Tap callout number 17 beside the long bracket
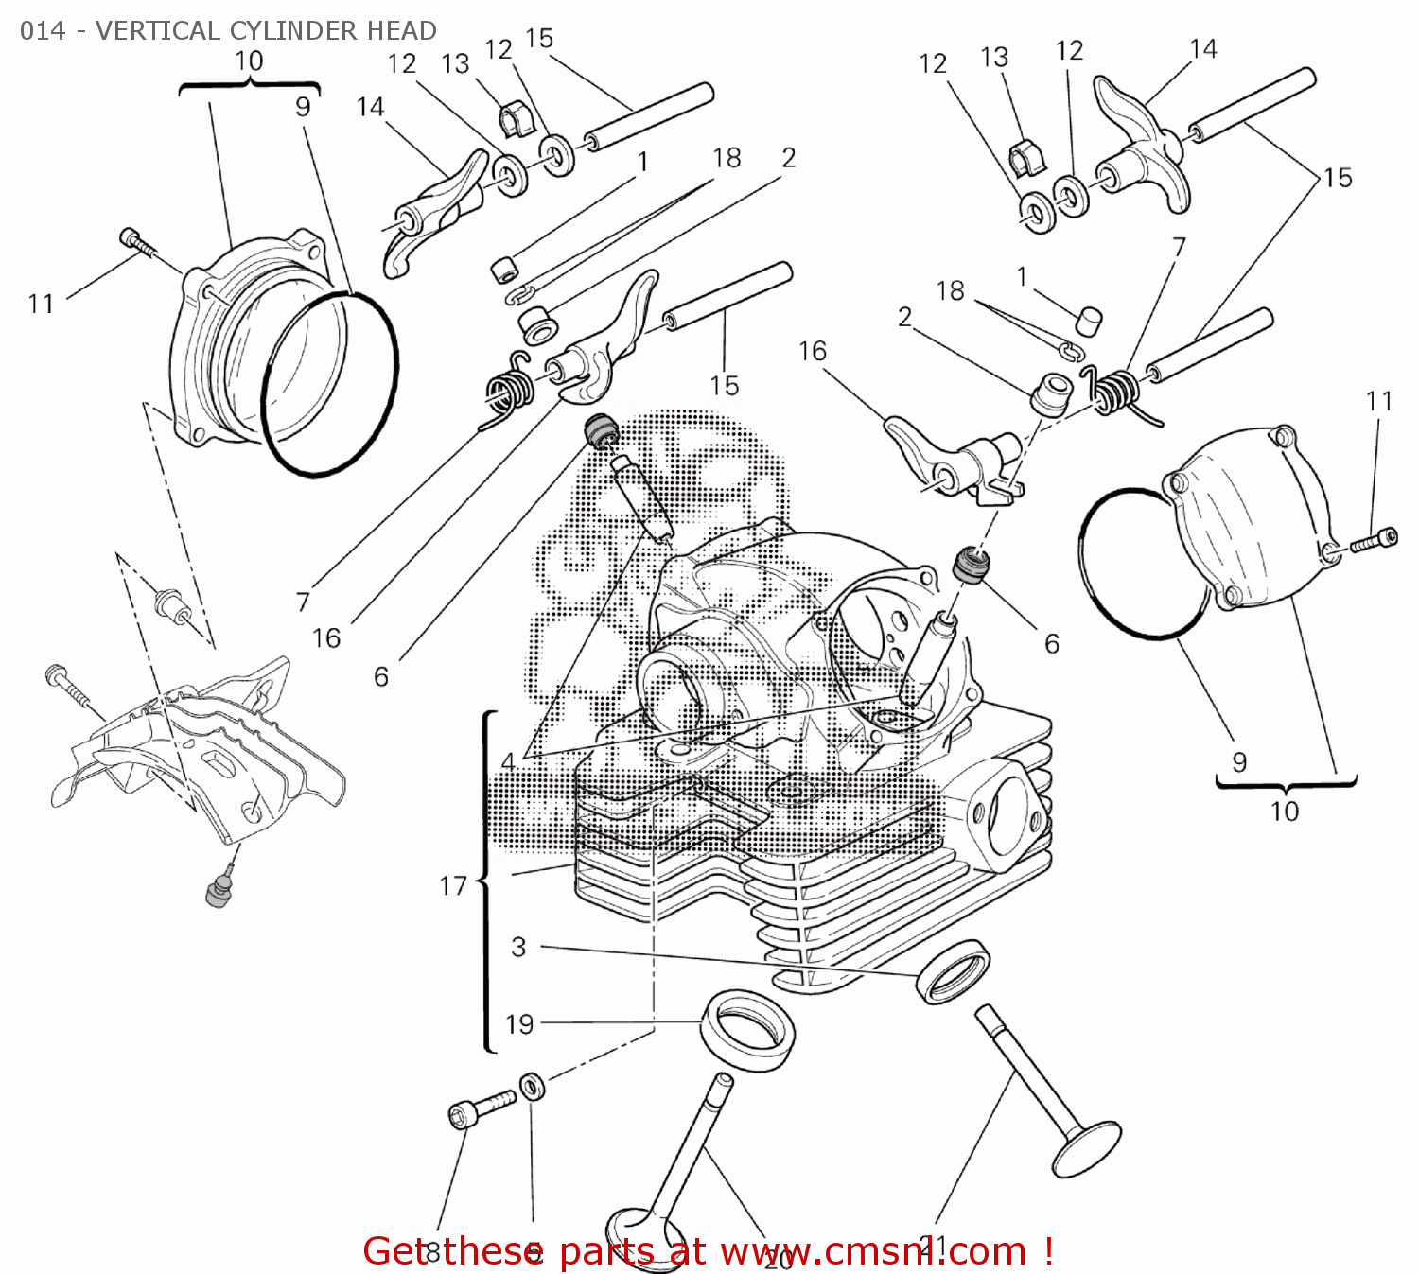[453, 886]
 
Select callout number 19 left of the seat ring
[519, 1024]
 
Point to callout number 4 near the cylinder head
[508, 762]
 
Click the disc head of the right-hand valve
[1086, 1148]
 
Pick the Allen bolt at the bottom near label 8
[481, 1108]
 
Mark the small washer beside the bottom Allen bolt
[533, 1087]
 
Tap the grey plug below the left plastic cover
[219, 891]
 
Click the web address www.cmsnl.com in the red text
[872, 1251]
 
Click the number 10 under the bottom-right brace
[1285, 812]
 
